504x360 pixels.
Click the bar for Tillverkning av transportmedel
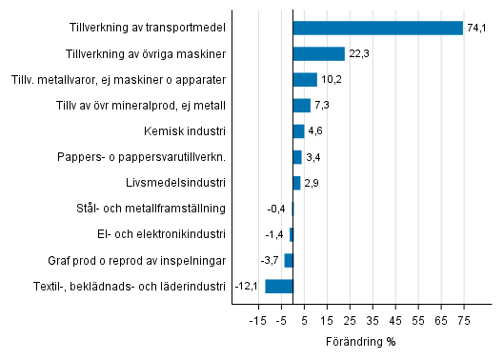pos(378,29)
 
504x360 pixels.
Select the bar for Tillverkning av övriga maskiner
pos(319,54)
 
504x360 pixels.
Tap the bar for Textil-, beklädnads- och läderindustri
pos(279,286)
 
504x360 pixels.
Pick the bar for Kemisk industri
pos(299,131)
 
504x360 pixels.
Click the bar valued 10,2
pos(305,80)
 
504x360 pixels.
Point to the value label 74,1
pos(477,29)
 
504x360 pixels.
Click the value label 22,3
pos(358,54)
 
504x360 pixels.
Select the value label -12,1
pos(248,286)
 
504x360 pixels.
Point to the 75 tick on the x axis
pos(464,321)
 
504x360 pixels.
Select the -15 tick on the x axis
pos(256,321)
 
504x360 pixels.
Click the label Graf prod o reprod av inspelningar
pos(137,260)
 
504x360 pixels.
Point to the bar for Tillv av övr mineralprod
pos(302,106)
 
